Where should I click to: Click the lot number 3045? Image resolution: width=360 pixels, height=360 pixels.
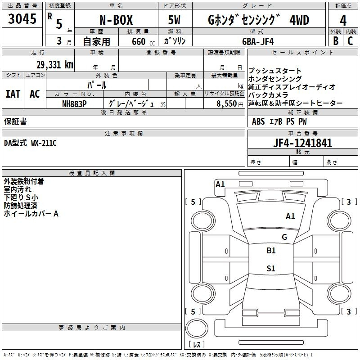pyautogui.click(x=22, y=18)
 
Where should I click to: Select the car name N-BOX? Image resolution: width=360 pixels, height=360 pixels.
pyautogui.click(x=116, y=20)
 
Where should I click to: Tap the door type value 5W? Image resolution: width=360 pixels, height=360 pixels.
pyautogui.click(x=175, y=20)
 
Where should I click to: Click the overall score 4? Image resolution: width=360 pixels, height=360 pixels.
pyautogui.click(x=343, y=21)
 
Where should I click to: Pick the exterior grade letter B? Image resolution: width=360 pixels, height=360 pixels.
pyautogui.click(x=336, y=41)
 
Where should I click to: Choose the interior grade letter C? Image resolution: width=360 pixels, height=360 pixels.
pyautogui.click(x=351, y=41)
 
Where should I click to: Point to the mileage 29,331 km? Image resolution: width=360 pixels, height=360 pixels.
pyautogui.click(x=55, y=65)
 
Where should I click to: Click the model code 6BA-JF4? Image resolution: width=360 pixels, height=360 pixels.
pyautogui.click(x=258, y=41)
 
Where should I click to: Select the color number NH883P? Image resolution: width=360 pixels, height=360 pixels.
pyautogui.click(x=74, y=104)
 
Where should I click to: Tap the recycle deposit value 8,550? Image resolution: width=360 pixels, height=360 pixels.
pyautogui.click(x=226, y=104)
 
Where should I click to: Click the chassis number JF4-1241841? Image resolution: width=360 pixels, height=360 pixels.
pyautogui.click(x=302, y=143)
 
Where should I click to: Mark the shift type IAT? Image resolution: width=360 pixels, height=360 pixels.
pyautogui.click(x=13, y=94)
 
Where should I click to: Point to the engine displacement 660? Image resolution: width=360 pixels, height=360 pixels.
pyautogui.click(x=139, y=41)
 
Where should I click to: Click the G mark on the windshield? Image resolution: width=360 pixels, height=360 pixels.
pyautogui.click(x=284, y=237)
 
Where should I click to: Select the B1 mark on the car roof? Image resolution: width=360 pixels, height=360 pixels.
pyautogui.click(x=271, y=250)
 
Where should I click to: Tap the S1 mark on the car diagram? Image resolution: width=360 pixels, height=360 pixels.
pyautogui.click(x=271, y=268)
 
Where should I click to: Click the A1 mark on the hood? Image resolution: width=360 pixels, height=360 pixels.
pyautogui.click(x=290, y=216)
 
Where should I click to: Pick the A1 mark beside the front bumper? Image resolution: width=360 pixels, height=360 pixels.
pyautogui.click(x=220, y=184)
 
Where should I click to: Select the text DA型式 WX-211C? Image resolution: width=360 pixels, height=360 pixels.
pyautogui.click(x=30, y=143)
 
